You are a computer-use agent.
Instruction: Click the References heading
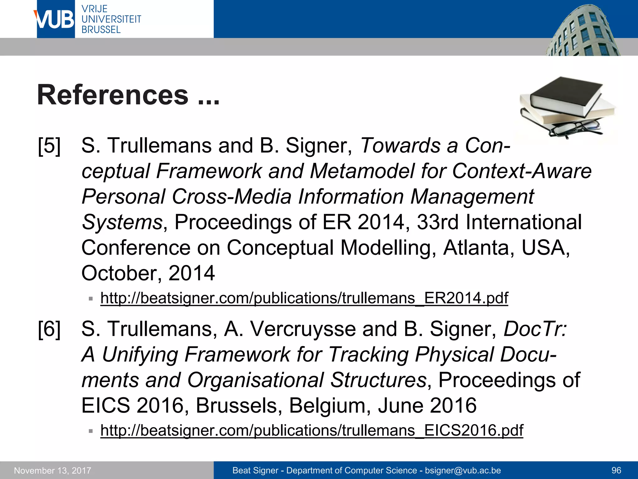tap(128, 95)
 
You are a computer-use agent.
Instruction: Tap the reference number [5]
tap(49, 146)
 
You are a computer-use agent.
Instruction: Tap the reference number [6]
tap(49, 329)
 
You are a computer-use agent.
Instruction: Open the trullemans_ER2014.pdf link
tap(304, 298)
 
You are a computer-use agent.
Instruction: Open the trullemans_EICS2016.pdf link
tap(312, 430)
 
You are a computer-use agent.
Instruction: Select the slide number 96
tap(616, 470)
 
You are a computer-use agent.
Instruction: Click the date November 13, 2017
tap(53, 471)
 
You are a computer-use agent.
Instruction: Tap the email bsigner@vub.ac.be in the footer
tap(463, 470)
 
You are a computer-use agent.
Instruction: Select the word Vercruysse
tap(303, 329)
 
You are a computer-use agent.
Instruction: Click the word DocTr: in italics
tap(536, 329)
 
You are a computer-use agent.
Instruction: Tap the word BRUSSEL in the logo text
tap(101, 30)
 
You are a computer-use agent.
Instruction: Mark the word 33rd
tap(438, 222)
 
